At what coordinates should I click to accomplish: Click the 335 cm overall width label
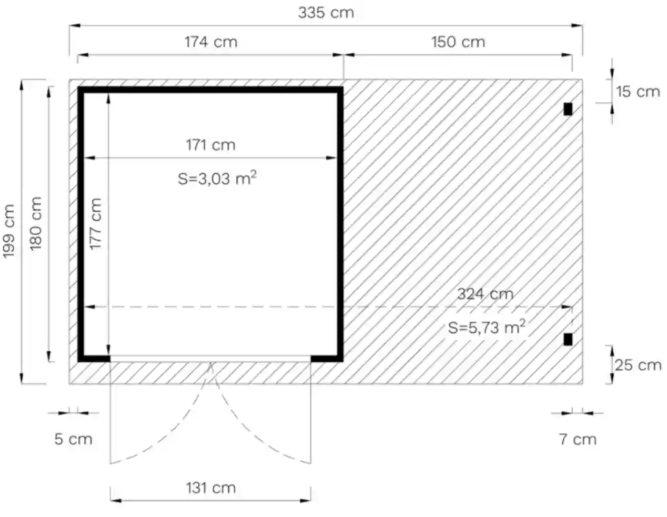click(326, 12)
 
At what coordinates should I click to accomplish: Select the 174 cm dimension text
click(211, 41)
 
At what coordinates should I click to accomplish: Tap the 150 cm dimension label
click(458, 41)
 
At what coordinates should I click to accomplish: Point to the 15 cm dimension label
click(637, 91)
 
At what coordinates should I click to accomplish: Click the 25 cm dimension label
click(637, 365)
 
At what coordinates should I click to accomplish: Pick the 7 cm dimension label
click(577, 439)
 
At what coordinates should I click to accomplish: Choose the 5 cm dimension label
click(73, 439)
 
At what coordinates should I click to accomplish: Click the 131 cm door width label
click(211, 488)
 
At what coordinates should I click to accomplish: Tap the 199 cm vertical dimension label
click(10, 231)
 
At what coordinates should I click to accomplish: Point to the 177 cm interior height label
click(96, 225)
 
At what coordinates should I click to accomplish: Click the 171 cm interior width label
click(210, 145)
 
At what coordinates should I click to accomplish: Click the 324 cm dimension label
click(485, 294)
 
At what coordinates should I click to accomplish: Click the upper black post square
click(568, 109)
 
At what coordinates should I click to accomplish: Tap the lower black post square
click(568, 339)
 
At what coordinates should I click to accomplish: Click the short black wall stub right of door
click(326, 358)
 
